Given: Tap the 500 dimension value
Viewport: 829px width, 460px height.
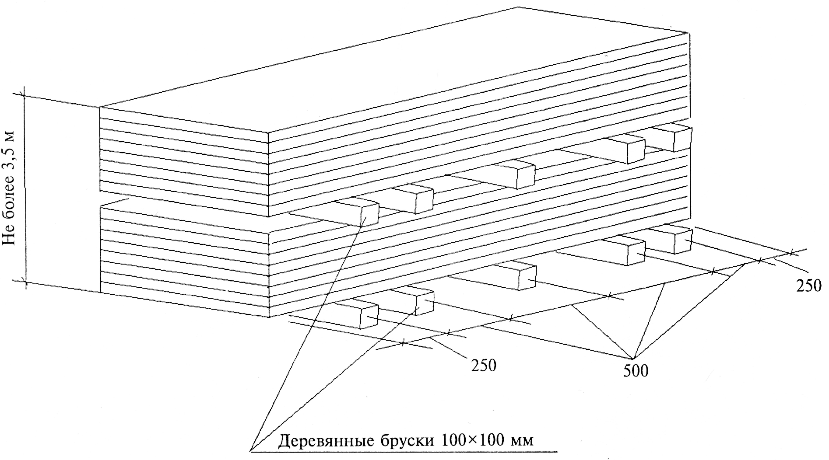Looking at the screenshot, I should pyautogui.click(x=635, y=370).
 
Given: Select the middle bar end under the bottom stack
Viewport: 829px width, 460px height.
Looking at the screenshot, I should pyautogui.click(x=527, y=278).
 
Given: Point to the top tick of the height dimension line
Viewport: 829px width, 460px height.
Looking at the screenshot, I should pyautogui.click(x=24, y=95).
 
